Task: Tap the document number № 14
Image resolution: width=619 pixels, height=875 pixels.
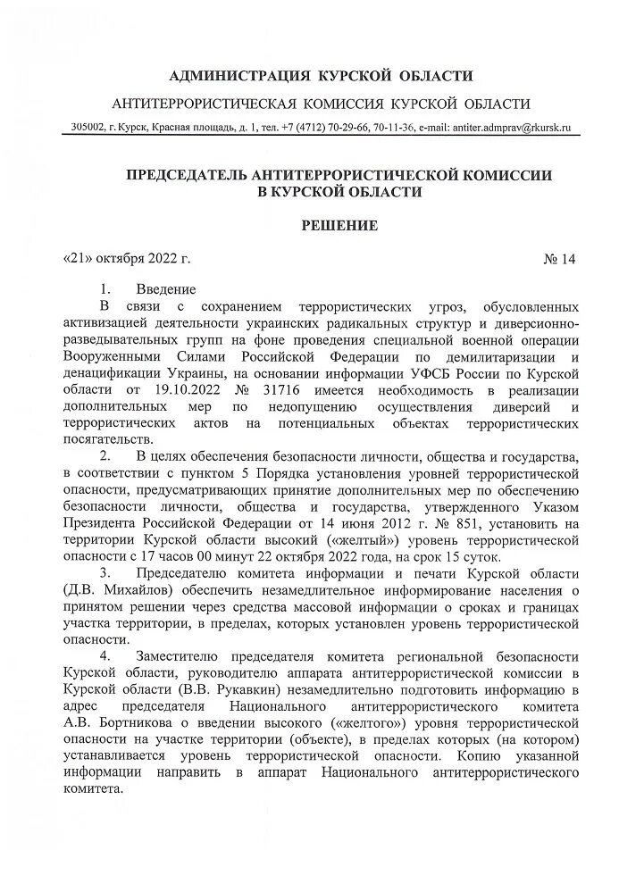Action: point(560,260)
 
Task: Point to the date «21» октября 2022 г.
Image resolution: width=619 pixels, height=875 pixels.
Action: point(129,260)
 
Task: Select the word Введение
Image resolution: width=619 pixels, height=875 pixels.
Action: point(165,290)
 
